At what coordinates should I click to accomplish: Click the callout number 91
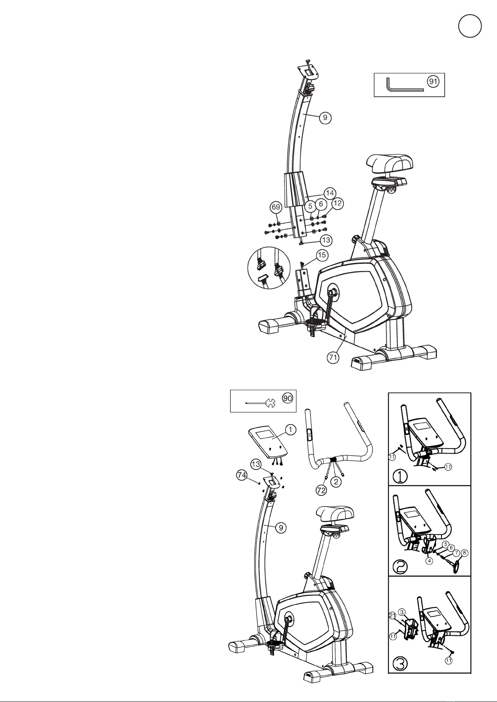pos(433,82)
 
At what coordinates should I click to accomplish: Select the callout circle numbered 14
pos(329,193)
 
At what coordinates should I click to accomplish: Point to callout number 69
pos(276,207)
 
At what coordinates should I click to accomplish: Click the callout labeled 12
pos(337,203)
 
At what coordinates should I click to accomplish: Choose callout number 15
pos(322,255)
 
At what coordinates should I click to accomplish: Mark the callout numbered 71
pos(333,357)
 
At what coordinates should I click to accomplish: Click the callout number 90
pos(288,398)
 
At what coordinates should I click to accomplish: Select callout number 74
pos(242,475)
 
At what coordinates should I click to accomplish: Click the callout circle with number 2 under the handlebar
pos(336,481)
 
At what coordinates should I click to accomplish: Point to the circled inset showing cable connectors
pos(269,267)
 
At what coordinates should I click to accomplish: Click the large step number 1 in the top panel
pos(400,477)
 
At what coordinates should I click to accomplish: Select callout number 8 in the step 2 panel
pos(465,553)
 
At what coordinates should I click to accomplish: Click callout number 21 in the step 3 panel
pos(393,615)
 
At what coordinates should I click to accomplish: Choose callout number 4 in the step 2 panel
pos(429,561)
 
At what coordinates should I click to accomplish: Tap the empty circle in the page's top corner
pos(470,26)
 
